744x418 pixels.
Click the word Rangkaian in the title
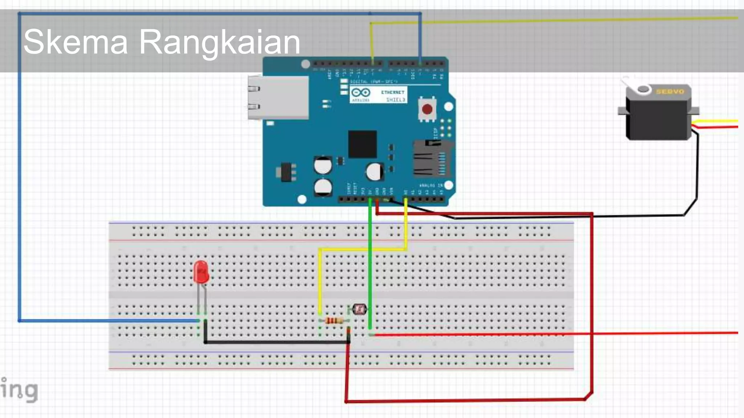point(219,42)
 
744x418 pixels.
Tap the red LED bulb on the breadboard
point(201,272)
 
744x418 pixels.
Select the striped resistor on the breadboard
point(334,321)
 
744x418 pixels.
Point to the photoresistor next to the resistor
point(359,309)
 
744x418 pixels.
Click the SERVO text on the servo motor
point(670,91)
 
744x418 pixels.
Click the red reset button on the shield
point(427,109)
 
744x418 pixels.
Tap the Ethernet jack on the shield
point(278,97)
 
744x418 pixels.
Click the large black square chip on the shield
point(362,144)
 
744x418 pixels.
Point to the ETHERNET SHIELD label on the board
point(393,95)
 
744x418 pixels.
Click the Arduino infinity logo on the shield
point(361,93)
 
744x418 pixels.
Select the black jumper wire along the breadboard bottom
point(276,342)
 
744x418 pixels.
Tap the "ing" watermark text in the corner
point(20,390)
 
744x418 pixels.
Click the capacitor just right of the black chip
point(375,172)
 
